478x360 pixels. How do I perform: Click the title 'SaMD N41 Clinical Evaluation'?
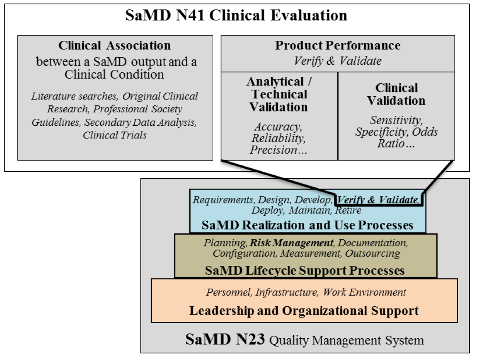pos(236,15)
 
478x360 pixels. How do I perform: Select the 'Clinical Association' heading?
pos(115,45)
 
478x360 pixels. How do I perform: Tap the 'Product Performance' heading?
pos(337,45)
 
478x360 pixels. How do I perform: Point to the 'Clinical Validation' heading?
pos(396,94)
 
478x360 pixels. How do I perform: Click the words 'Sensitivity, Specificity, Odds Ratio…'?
pos(396,132)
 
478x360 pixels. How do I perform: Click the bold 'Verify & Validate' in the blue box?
pos(378,200)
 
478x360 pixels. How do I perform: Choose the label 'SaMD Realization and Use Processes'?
pos(307,225)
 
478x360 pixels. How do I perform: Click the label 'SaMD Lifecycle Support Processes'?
pos(305,271)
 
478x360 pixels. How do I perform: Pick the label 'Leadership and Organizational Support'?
pos(304,311)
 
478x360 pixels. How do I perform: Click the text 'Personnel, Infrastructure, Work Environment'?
pos(306,292)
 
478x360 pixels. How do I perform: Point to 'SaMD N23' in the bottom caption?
pos(225,339)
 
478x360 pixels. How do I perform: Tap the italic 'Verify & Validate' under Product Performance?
pos(337,61)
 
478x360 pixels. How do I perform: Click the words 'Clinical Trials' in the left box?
pos(115,135)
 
